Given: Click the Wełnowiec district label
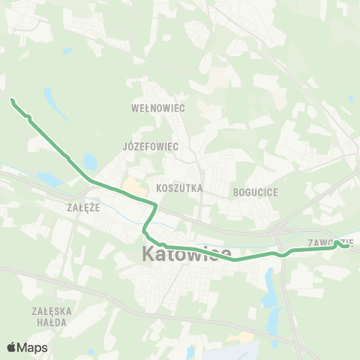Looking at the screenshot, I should click(157, 108).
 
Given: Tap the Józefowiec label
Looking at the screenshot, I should click(151, 146).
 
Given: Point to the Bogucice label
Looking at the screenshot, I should click(256, 193).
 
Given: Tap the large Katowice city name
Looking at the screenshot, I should click(186, 256).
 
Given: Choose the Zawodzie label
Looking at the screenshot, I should click(330, 243).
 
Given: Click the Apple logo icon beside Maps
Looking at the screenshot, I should click(12, 347).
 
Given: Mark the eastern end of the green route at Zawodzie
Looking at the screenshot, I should click(349, 244).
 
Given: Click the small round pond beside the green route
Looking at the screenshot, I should click(91, 161).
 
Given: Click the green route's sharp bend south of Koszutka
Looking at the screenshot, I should click(154, 204).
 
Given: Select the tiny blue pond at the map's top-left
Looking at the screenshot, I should click(67, 51).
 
